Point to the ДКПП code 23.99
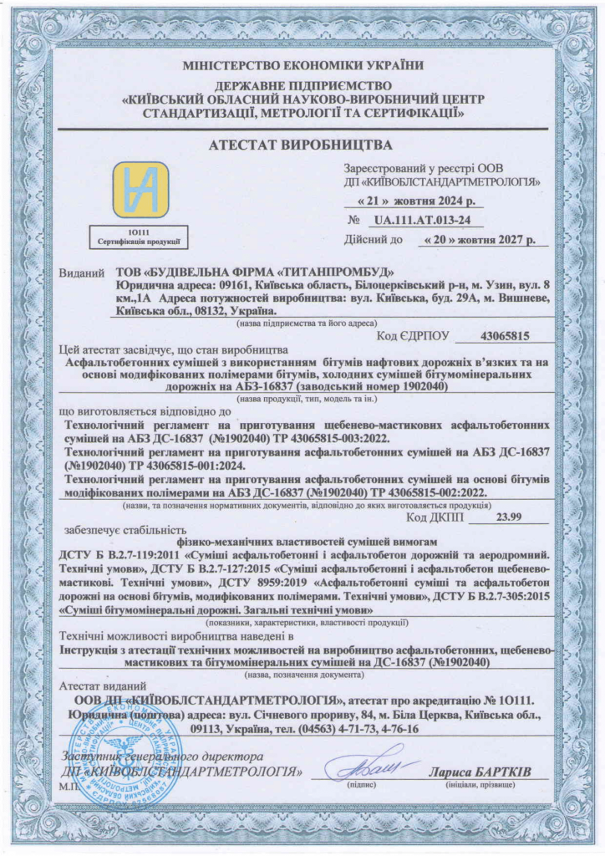507,517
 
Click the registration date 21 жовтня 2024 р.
414,201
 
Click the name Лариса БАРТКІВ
480,770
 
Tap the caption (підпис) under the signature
362,785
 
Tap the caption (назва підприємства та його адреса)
306,323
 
